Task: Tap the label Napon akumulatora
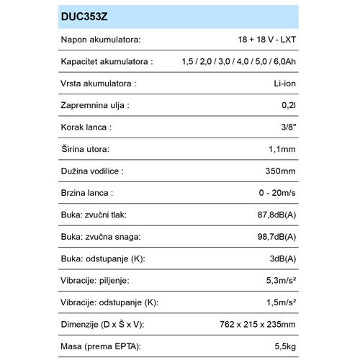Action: (x=100, y=40)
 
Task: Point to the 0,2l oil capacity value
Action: (x=286, y=106)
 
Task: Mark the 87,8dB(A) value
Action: (x=271, y=215)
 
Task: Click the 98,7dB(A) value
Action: (x=271, y=237)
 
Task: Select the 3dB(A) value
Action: (x=278, y=259)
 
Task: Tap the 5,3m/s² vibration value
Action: (x=275, y=281)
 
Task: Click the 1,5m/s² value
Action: (x=275, y=303)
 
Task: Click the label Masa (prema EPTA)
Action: (x=100, y=347)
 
